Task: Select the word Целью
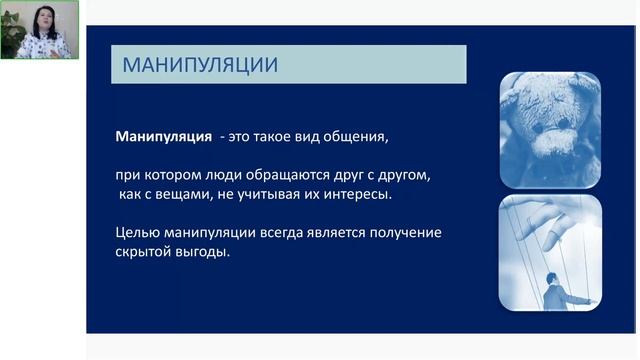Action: [x=137, y=233]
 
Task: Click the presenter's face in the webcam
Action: [x=46, y=20]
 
